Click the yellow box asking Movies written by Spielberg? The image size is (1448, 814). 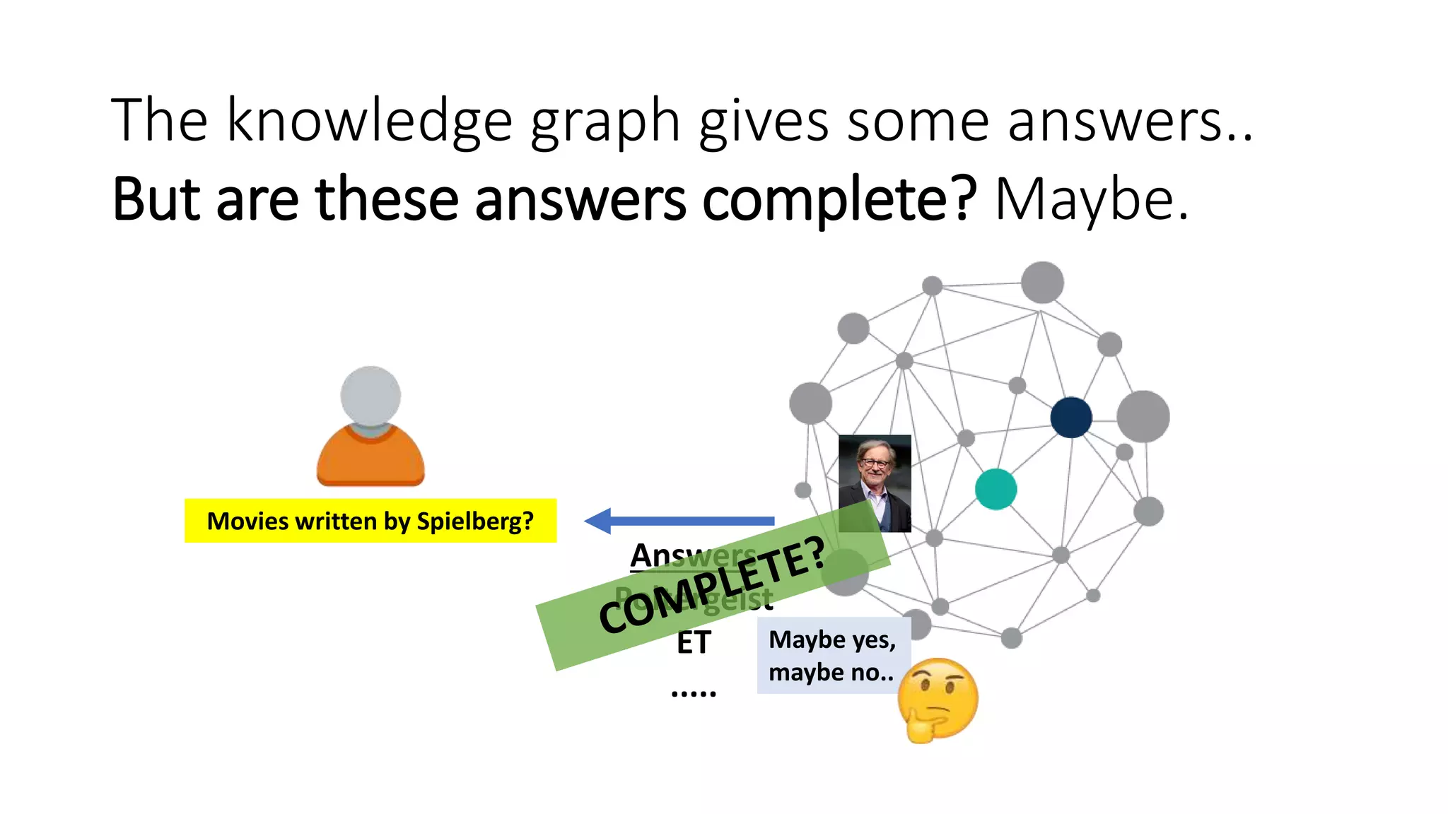coord(370,521)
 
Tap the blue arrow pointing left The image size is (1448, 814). coord(679,521)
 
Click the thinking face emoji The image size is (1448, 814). coord(938,700)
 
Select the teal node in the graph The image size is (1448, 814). coord(995,489)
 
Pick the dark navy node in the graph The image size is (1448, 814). coord(1070,417)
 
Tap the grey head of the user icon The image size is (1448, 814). coord(370,395)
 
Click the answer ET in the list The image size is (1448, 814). coord(693,643)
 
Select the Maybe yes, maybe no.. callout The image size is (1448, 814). coord(832,655)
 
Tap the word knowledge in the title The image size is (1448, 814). coord(369,121)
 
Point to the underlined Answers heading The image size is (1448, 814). coord(692,555)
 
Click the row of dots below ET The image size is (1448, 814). coord(693,692)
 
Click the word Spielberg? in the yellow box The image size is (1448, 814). coord(474,521)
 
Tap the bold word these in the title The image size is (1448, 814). coord(387,200)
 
